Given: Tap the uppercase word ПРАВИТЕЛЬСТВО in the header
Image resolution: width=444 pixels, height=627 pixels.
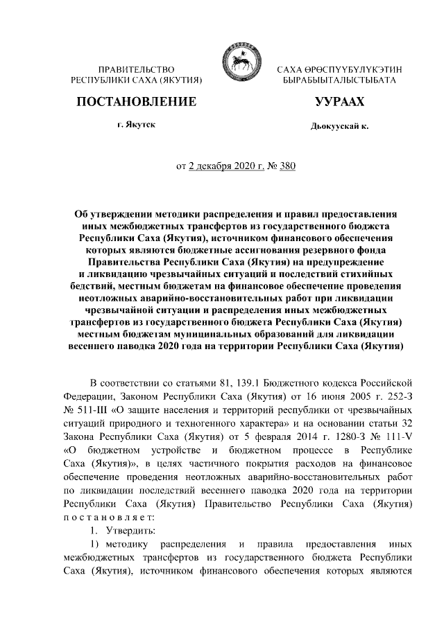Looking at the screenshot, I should [136, 70].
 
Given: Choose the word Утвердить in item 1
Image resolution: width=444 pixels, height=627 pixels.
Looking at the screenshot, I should [126, 531].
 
